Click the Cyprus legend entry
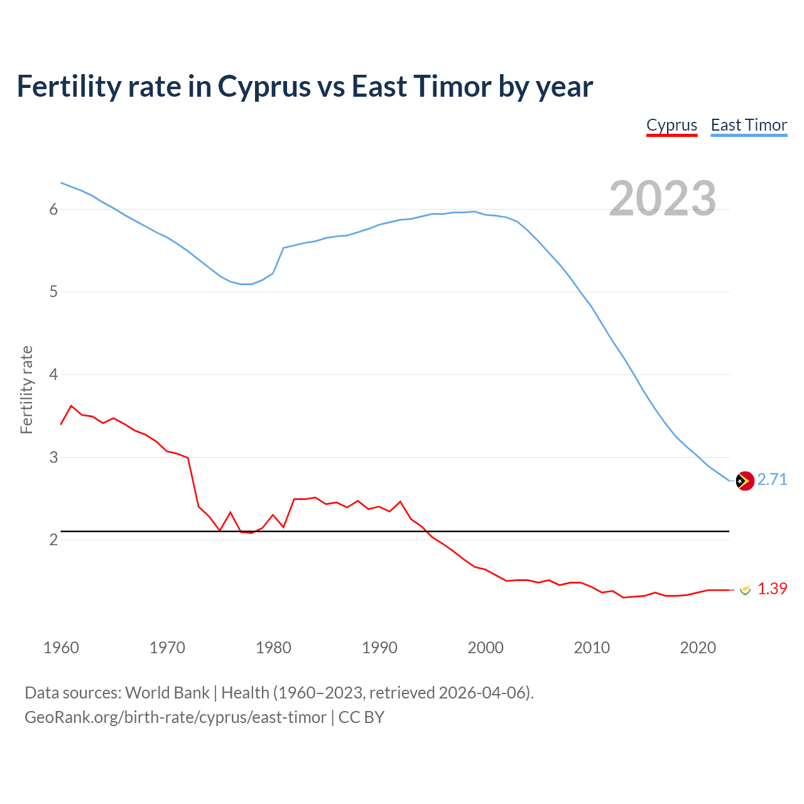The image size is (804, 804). pyautogui.click(x=671, y=125)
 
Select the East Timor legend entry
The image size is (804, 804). pyautogui.click(x=749, y=125)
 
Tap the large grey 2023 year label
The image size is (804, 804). pyautogui.click(x=663, y=198)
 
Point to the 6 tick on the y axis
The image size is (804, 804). pyautogui.click(x=53, y=209)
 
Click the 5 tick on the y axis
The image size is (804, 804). pyautogui.click(x=53, y=292)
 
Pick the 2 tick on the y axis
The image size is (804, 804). pyautogui.click(x=53, y=540)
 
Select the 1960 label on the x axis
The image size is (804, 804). pyautogui.click(x=61, y=648)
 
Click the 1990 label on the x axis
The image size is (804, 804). pyautogui.click(x=379, y=648)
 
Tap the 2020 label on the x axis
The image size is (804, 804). pyautogui.click(x=698, y=648)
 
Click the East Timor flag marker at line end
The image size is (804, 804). pyautogui.click(x=744, y=481)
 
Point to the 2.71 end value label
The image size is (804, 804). pyautogui.click(x=772, y=479)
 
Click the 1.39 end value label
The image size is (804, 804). pyautogui.click(x=772, y=589)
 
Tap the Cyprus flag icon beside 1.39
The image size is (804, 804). pyautogui.click(x=745, y=590)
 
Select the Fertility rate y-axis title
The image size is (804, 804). pyautogui.click(x=26, y=389)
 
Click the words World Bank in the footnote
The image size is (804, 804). pyautogui.click(x=167, y=693)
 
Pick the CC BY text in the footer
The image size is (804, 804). pyautogui.click(x=361, y=717)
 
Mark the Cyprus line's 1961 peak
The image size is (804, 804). pyautogui.click(x=72, y=406)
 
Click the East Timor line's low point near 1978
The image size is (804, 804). pyautogui.click(x=247, y=284)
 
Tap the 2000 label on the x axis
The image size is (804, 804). pyautogui.click(x=486, y=648)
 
